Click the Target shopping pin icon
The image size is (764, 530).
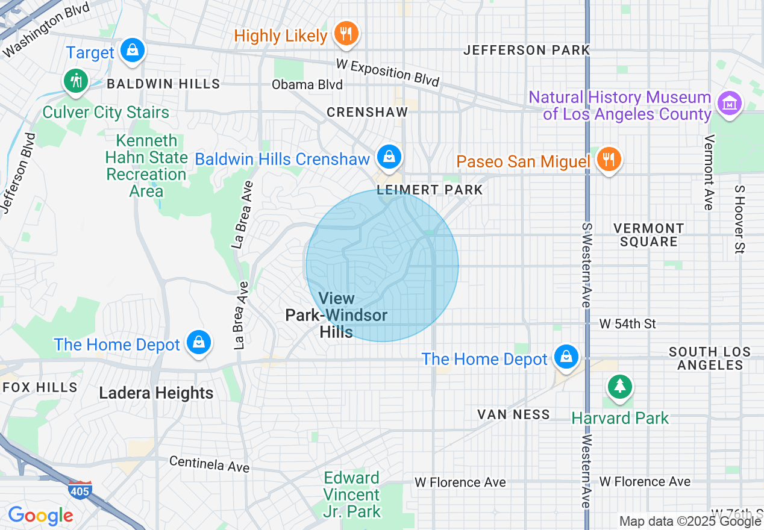132,51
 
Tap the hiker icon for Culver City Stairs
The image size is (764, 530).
75,80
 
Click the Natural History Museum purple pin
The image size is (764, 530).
730,104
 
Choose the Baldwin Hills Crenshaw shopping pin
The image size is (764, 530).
389,157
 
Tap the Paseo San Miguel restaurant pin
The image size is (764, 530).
609,160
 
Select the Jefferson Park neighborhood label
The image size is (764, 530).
526,50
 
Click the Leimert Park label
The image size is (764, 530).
430,190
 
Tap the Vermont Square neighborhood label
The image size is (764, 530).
648,235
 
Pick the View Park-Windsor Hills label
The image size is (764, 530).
336,315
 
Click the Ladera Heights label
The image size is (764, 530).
156,393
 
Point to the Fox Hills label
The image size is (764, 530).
40,387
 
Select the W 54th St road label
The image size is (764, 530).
627,324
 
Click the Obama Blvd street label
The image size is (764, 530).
307,84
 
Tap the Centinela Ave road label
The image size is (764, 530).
209,464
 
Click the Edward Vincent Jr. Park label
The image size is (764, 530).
352,495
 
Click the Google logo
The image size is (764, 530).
40,516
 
